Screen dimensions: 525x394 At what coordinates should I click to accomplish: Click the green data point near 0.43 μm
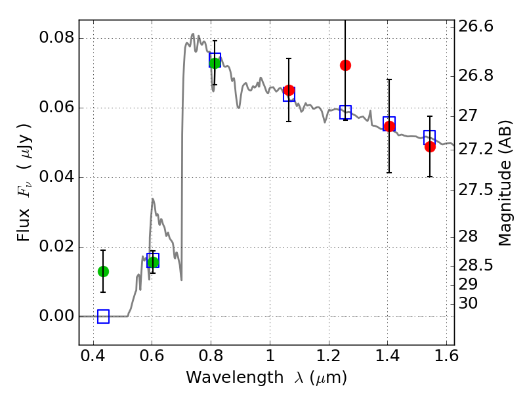(103, 271)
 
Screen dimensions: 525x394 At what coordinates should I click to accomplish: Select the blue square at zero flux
(103, 317)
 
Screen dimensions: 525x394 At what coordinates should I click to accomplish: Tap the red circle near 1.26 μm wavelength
(346, 65)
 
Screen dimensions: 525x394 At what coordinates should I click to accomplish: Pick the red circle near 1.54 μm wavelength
(430, 146)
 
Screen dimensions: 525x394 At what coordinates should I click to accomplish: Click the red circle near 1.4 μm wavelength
(389, 126)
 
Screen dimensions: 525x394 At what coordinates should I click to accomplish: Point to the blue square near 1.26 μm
(346, 112)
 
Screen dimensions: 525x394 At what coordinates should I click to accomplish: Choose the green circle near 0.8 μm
(215, 63)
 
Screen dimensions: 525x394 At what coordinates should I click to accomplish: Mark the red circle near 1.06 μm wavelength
(289, 90)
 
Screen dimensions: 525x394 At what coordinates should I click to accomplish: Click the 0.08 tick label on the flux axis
(56, 37)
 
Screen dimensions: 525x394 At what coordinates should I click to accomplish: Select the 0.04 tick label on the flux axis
(56, 176)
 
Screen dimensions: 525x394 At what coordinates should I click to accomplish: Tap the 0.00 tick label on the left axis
(56, 316)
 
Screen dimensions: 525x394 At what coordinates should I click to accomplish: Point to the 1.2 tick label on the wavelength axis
(329, 356)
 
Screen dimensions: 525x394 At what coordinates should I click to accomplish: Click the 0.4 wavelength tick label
(93, 356)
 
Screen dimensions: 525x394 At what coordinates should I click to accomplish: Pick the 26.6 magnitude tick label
(475, 26)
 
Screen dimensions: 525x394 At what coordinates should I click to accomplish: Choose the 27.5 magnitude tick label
(475, 190)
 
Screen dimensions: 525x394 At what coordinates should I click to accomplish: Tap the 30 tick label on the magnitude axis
(468, 303)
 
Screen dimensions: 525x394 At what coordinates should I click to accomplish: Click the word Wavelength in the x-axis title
(235, 377)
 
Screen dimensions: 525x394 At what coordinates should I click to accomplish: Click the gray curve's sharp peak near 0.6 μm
(153, 199)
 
